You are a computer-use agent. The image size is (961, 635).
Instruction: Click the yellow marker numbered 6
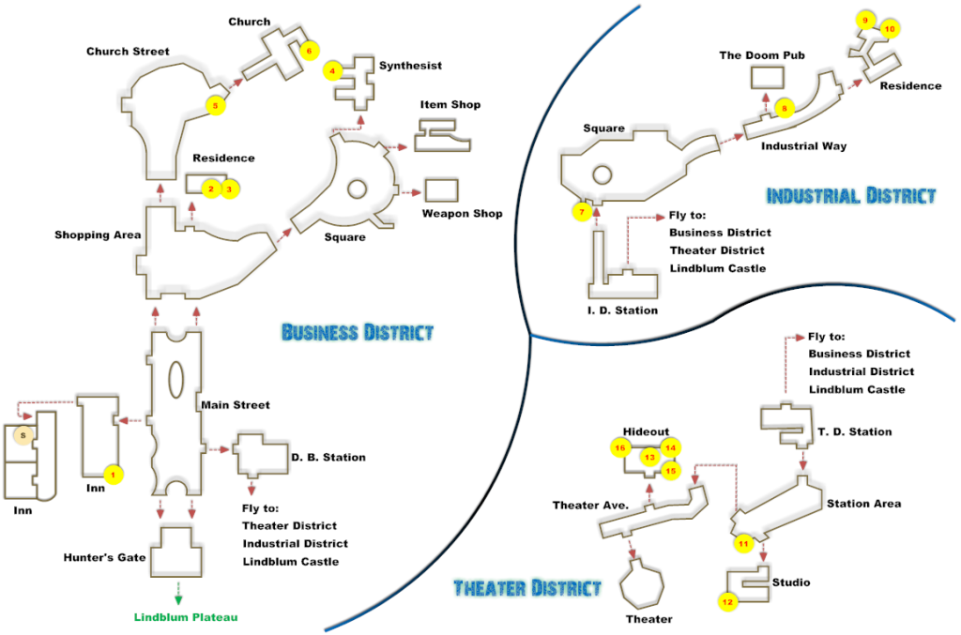(x=310, y=51)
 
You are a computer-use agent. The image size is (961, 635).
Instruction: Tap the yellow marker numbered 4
(x=332, y=71)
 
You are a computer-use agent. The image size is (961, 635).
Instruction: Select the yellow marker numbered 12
(x=727, y=602)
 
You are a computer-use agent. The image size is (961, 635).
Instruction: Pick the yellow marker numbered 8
(x=784, y=109)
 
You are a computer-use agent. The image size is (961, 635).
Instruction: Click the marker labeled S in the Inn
(x=23, y=435)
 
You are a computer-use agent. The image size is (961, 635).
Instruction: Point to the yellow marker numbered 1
(x=113, y=475)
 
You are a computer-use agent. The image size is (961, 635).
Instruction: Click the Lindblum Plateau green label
(x=186, y=617)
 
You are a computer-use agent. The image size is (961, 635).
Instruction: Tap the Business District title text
(x=358, y=332)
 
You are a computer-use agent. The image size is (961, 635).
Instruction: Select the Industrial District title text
(x=851, y=195)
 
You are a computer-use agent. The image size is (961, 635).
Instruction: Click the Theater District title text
(x=527, y=588)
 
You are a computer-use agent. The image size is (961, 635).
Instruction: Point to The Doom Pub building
(x=768, y=78)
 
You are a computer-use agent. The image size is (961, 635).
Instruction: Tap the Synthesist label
(x=410, y=66)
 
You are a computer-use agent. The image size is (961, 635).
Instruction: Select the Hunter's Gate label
(x=104, y=557)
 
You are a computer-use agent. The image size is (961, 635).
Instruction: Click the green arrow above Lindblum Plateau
(x=178, y=593)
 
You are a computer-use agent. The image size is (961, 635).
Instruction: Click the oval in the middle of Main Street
(x=175, y=380)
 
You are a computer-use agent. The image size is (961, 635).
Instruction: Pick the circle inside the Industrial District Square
(x=602, y=175)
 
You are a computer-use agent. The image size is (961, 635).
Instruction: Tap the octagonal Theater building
(x=642, y=584)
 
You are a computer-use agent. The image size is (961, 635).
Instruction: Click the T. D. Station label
(x=854, y=431)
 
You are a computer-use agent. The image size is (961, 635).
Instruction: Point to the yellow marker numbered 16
(x=620, y=447)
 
